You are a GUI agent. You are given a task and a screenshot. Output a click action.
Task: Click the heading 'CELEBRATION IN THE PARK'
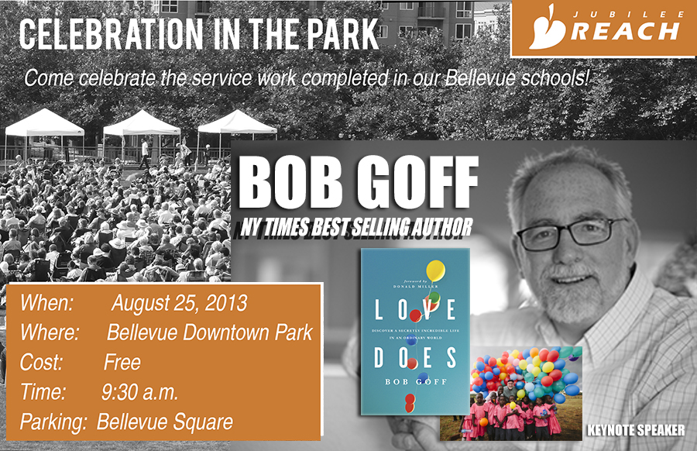pyautogui.click(x=199, y=33)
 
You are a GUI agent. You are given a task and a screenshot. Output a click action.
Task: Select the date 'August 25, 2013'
pyautogui.click(x=179, y=303)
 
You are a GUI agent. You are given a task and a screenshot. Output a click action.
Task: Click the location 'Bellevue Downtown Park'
pyautogui.click(x=210, y=333)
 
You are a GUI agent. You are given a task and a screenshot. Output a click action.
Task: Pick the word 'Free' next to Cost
pyautogui.click(x=122, y=363)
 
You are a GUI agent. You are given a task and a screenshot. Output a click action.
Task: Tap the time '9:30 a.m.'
pyautogui.click(x=140, y=393)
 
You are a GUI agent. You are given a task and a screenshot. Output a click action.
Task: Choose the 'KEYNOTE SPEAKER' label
pyautogui.click(x=637, y=429)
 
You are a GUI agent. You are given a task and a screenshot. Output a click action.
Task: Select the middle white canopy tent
pyautogui.click(x=142, y=123)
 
